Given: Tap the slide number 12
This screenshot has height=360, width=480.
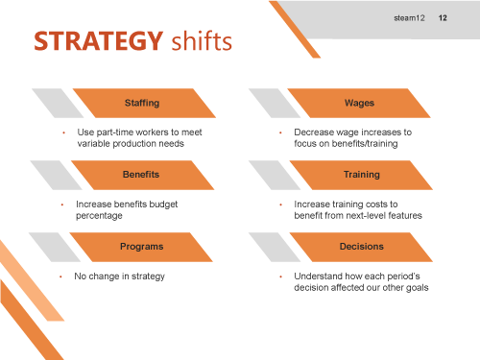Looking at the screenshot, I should coord(443,17).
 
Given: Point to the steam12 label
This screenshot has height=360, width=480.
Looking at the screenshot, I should coord(408,17).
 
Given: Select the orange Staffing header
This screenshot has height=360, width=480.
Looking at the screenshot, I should coord(142,102).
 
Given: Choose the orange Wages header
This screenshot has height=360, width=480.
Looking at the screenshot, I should coord(359,102).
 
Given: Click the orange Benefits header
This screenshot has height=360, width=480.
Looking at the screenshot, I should coord(141,175).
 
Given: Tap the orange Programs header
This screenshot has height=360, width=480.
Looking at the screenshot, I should coord(141,247).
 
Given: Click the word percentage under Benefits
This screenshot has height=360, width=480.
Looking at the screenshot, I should coord(99,216).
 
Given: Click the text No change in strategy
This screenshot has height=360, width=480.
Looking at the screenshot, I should coord(119,276).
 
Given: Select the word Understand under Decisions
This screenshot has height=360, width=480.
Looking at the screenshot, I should coord(318,276).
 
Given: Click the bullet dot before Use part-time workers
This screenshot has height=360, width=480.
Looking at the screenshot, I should coord(63,132).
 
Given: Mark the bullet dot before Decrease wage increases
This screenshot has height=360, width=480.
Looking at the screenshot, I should coord(280,132).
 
